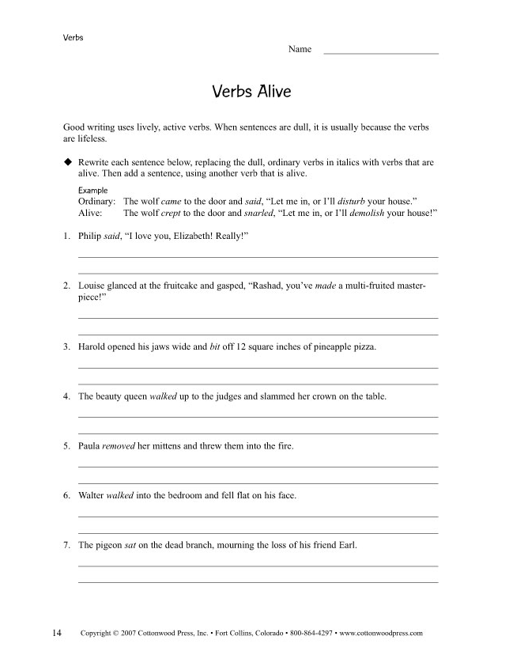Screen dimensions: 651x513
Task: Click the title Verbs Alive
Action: [251, 92]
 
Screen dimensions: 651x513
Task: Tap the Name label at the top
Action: [300, 49]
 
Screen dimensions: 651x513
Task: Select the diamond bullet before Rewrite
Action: [68, 161]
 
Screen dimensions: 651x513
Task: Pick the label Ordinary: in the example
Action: [97, 202]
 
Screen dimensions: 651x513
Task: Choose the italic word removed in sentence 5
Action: [119, 446]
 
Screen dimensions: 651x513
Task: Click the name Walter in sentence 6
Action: [91, 495]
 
